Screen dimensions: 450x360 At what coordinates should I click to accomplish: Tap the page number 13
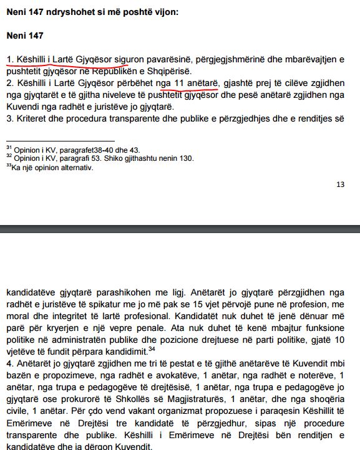340,184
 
